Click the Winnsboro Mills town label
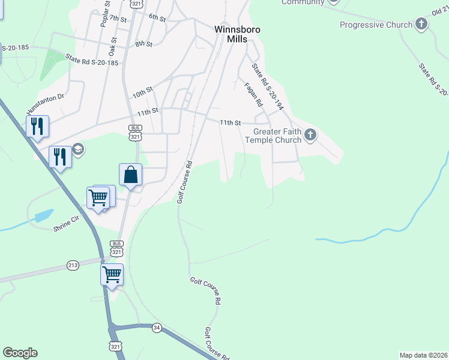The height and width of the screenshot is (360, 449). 237,33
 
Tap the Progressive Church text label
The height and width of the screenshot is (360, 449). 376,25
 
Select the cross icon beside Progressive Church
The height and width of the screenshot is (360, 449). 421,25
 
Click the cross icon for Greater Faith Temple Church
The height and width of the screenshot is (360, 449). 310,134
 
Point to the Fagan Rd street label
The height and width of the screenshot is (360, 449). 253,95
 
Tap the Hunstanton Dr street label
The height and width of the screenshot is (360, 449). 45,103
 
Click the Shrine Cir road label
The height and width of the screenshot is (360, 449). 67,221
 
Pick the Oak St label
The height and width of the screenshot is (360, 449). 112,44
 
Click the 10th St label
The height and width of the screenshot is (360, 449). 142,94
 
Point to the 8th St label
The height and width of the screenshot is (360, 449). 143,44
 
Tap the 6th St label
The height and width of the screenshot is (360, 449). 157,17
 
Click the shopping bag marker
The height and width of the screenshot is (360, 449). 130,175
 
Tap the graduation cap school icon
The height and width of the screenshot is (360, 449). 78,149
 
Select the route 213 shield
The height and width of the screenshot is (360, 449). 73,265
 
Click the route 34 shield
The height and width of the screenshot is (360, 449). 157,327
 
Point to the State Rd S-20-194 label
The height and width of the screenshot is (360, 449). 267,87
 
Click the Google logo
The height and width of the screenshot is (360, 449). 20,353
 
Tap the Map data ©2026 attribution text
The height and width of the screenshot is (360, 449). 423,355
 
